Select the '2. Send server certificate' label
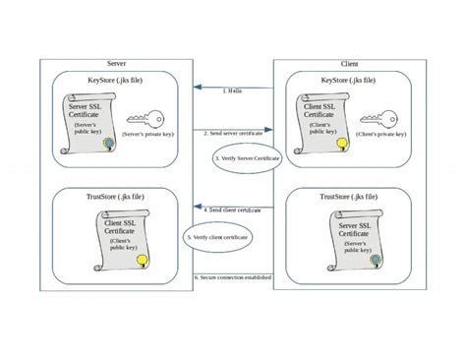233,132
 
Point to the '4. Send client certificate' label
233,210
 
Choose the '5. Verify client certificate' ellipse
216,237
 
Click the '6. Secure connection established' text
233,277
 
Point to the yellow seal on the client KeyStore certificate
340,144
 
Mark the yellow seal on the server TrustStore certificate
142,260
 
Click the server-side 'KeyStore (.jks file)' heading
116,80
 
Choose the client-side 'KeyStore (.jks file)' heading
352,79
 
